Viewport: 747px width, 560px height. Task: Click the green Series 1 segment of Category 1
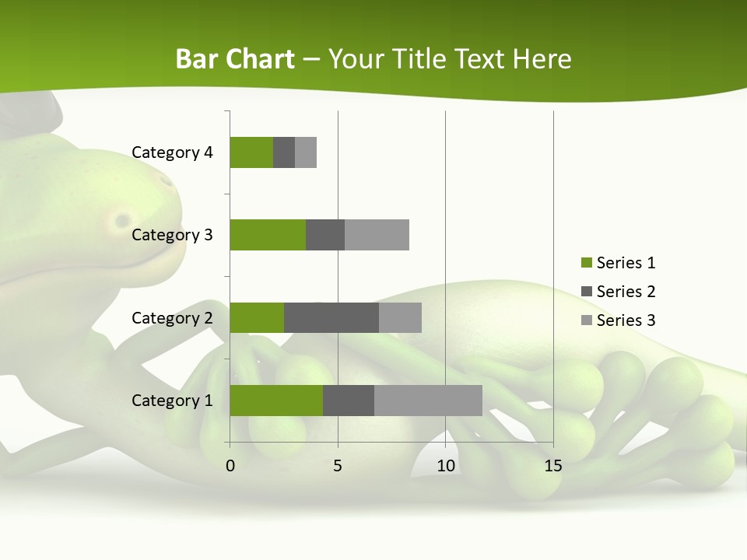point(276,400)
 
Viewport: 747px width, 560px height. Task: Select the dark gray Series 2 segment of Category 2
point(331,317)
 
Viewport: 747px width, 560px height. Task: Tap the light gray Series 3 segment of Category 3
point(377,235)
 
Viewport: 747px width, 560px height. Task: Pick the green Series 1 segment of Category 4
point(251,152)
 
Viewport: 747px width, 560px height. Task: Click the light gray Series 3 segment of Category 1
point(428,400)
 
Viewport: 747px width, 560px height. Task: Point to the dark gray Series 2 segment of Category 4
point(284,152)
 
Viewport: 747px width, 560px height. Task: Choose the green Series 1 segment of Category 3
point(268,235)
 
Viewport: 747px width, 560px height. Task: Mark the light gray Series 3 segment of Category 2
point(400,317)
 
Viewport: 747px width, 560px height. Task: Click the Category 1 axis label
point(172,401)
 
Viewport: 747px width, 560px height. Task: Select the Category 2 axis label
point(172,318)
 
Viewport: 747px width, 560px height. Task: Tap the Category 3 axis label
point(172,235)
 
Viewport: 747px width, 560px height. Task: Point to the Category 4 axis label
point(172,152)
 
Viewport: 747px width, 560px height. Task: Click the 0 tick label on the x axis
point(230,466)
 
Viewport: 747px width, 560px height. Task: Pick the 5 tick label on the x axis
point(338,466)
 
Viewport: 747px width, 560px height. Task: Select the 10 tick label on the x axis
point(445,466)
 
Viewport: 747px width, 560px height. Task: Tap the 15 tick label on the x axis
point(553,466)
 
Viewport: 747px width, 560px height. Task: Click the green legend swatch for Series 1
point(586,263)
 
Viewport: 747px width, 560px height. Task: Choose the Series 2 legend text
point(626,292)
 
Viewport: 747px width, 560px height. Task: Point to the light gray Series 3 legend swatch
point(586,320)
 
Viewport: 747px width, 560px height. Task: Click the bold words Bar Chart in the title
point(235,59)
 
